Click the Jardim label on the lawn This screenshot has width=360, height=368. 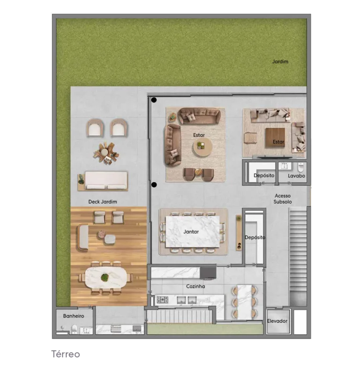point(280,62)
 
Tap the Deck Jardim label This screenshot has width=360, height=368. point(103,202)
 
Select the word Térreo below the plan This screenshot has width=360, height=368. point(66,354)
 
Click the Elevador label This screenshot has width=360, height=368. point(277,321)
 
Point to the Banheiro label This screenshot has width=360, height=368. point(74,316)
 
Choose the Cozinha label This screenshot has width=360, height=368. point(195,287)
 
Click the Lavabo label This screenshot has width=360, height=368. point(296,176)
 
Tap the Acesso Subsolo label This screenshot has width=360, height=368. point(283,199)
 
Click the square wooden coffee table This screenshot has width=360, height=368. point(275,137)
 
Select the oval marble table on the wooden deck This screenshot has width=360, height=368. point(106,278)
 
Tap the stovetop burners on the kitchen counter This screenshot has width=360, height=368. point(162,300)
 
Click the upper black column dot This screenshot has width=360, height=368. point(154,100)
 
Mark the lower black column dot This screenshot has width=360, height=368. point(154,185)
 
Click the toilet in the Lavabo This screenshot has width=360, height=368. point(300,167)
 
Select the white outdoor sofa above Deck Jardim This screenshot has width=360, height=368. point(106,180)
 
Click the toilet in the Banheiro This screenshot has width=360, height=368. point(74,329)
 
